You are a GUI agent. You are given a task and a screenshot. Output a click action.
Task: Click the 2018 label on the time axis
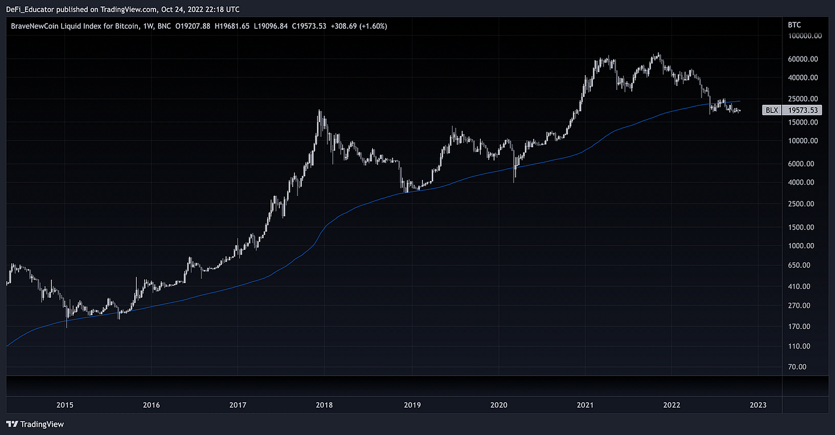tap(324, 405)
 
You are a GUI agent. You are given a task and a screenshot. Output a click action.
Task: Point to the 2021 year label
tap(584, 405)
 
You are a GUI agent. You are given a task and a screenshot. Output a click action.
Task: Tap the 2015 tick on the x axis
tap(64, 405)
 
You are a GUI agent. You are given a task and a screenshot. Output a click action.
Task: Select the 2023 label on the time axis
tap(757, 405)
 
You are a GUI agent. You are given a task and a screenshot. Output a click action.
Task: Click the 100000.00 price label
tap(801, 36)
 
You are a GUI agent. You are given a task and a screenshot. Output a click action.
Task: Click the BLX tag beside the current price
tap(771, 110)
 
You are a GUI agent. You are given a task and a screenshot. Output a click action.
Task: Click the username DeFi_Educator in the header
tap(33, 9)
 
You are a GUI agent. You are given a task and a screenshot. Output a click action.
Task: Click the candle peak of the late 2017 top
tap(320, 110)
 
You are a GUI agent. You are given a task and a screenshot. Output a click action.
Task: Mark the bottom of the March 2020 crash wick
tap(514, 182)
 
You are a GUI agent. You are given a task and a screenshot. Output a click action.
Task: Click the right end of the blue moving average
tap(740, 101)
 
